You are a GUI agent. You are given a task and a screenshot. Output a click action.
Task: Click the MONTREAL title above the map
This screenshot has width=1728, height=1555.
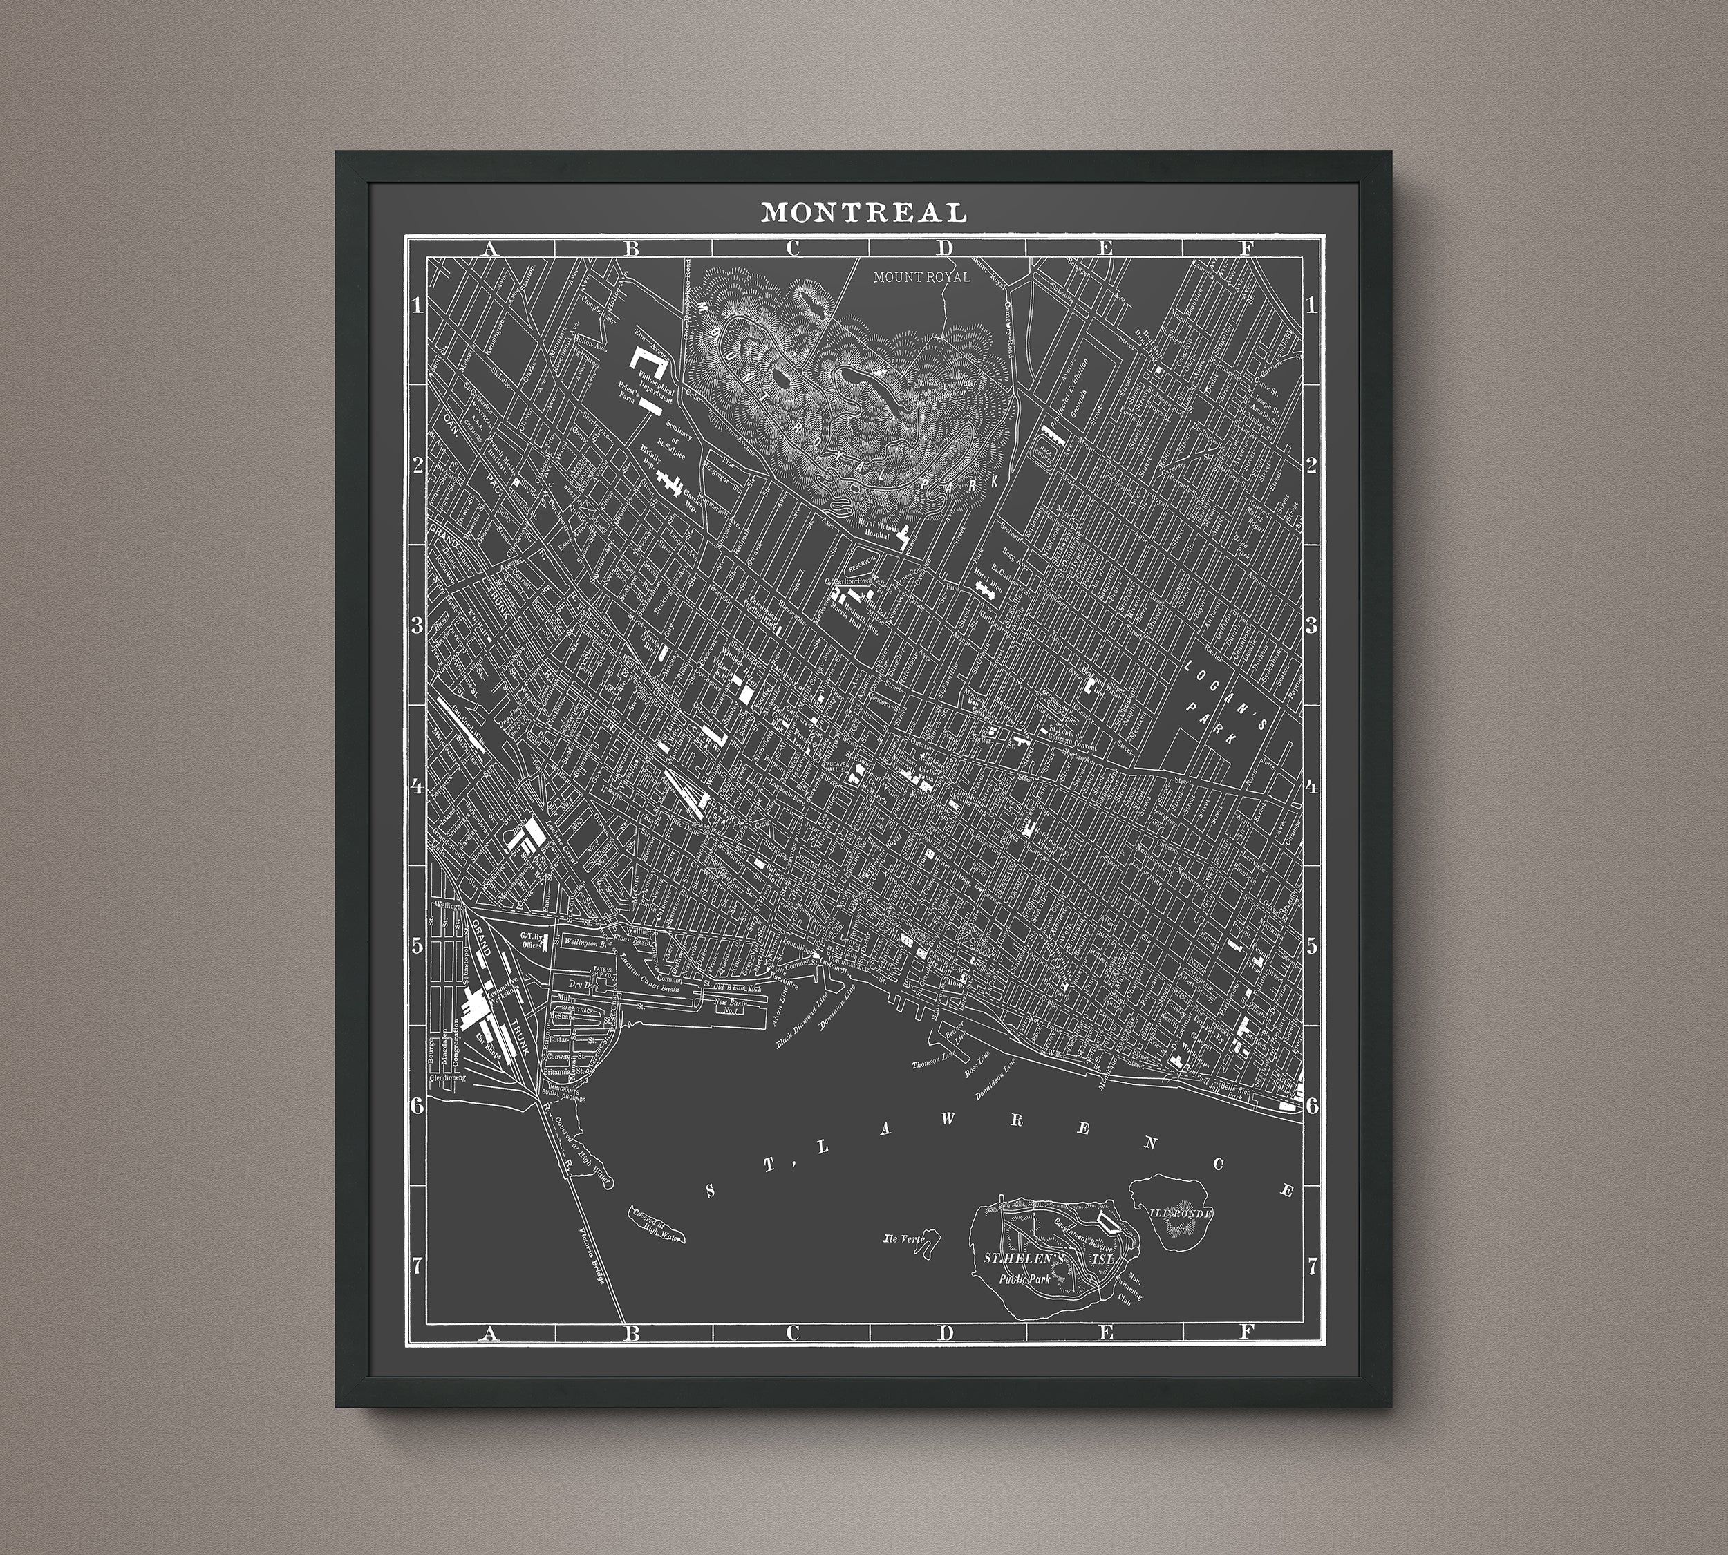point(863,212)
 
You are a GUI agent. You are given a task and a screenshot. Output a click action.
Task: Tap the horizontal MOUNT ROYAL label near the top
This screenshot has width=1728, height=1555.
point(921,277)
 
